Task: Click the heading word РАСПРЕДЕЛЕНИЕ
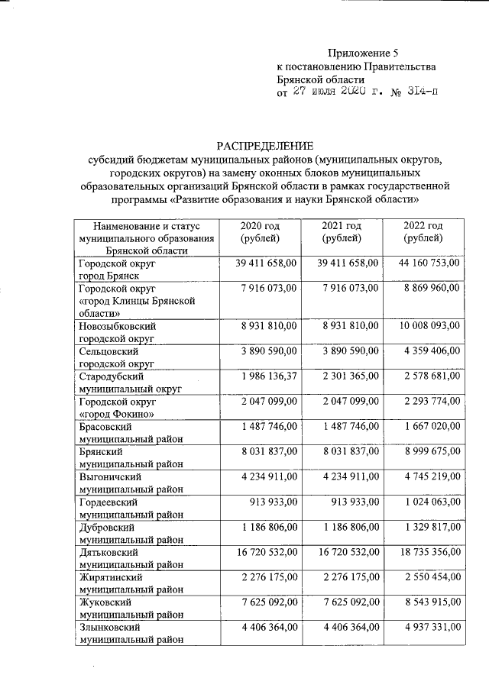coord(264,145)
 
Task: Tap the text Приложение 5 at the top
coord(363,53)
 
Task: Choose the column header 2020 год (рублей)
coord(260,232)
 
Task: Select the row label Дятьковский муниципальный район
coord(131,558)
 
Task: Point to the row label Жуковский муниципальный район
coord(131,606)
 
